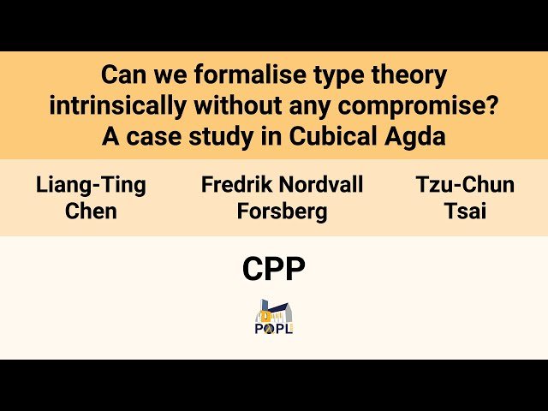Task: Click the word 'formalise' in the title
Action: coord(226,75)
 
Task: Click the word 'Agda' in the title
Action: coord(419,135)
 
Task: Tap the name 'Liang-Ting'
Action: coord(91,184)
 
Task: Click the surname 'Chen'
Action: coord(91,211)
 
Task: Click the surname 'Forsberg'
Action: coord(282,211)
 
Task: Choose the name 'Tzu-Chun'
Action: coord(466,184)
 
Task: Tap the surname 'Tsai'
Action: coord(466,211)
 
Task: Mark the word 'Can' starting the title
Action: coord(121,75)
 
